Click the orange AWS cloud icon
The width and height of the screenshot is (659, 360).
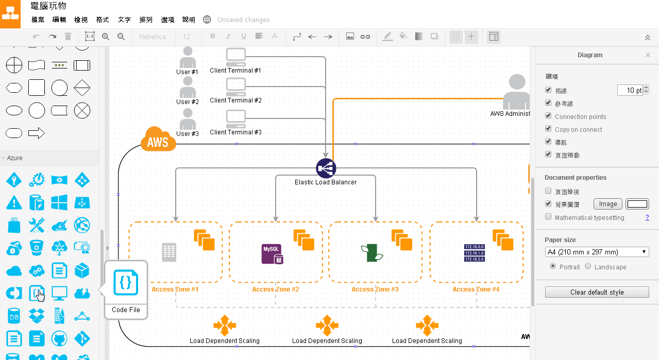158,140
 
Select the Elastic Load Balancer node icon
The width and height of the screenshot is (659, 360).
326,168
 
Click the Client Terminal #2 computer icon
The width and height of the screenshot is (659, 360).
236,87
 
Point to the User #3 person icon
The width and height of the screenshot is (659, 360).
188,119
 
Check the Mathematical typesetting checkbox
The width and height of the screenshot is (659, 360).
548,217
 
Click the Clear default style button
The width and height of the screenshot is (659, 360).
597,292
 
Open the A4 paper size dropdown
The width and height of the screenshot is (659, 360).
597,252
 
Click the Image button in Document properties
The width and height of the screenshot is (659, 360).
608,204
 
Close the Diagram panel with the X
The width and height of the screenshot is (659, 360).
648,55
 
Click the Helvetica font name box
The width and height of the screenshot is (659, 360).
153,37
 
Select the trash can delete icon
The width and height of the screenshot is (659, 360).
68,37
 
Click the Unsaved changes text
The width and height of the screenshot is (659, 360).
244,20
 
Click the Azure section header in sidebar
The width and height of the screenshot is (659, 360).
15,158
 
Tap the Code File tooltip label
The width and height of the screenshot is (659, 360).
126,310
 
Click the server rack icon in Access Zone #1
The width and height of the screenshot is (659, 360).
169,252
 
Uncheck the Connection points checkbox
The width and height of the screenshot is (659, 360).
548,116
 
